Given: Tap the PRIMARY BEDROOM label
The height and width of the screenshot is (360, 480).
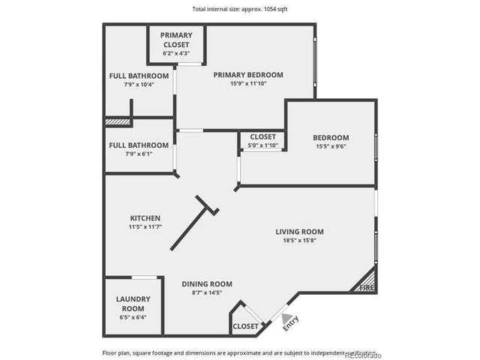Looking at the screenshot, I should pos(247,75).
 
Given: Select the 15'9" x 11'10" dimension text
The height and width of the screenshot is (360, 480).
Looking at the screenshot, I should pos(247,84).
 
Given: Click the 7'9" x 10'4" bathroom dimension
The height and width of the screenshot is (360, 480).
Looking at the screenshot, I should pos(139,85).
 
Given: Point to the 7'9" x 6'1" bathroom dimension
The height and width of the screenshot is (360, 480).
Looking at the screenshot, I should pos(139,154).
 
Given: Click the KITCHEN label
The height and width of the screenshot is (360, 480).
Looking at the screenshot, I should pos(145,217).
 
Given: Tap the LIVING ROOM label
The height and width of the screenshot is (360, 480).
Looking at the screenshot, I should pos(299,232).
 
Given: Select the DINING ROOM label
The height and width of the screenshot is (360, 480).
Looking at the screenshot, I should pos(207,283).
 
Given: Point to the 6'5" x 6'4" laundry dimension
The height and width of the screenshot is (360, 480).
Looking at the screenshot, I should pos(133,317).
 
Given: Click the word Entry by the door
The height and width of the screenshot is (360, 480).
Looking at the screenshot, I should pos(289,322).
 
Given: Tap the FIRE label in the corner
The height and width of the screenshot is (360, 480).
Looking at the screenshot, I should pos(367,287).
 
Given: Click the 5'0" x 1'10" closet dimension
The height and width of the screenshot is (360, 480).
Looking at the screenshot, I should pos(262,145).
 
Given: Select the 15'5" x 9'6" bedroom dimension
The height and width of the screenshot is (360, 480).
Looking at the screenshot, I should pos(331,147).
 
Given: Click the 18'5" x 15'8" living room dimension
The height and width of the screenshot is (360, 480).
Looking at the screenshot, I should pos(299,241).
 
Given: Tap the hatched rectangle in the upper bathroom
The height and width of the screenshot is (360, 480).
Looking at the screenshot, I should pos(118,121).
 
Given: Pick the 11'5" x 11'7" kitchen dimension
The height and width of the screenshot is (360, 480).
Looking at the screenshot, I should pos(145,226).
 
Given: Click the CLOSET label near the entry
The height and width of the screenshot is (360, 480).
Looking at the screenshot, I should pos(246,326).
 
